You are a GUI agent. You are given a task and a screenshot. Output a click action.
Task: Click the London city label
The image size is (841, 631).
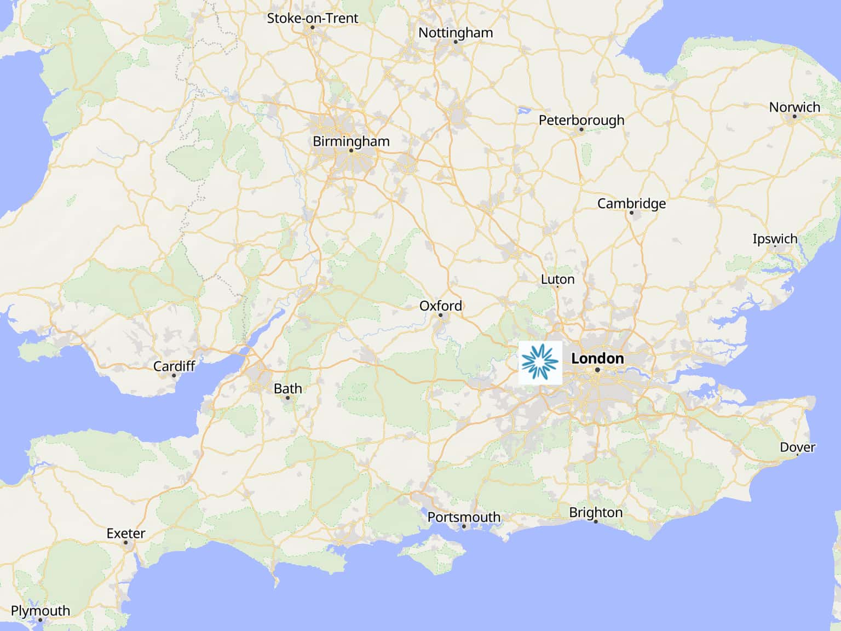pos(597,358)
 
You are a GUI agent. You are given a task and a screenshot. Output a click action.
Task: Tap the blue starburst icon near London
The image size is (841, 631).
pos(540,362)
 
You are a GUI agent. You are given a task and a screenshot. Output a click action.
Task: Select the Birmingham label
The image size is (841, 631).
pos(351,141)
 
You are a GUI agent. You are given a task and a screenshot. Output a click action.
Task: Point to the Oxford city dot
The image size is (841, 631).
pos(440,315)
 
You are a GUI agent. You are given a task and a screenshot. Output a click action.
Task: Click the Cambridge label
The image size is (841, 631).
pos(631,203)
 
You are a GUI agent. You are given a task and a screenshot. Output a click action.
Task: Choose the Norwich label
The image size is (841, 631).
pos(794,107)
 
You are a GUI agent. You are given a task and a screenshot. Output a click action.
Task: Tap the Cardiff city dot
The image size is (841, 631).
pos(174,375)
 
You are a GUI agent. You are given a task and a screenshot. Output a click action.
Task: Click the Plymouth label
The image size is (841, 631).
pos(41,610)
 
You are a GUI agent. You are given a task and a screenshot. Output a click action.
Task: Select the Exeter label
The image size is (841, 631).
pos(126,533)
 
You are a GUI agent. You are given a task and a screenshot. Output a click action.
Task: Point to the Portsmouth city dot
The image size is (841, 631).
pos(464,526)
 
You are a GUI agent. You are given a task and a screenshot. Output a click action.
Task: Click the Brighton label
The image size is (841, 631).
pos(596,512)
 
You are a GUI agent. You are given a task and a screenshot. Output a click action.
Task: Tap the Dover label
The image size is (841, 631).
pos(797,447)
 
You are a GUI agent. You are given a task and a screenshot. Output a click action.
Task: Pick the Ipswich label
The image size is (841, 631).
pos(775,238)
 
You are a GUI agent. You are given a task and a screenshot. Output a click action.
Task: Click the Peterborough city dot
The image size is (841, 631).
pos(581,130)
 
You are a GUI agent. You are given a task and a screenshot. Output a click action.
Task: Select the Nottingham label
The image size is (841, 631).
pos(456,32)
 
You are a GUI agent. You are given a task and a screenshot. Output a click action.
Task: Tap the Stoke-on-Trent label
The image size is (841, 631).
pos(312,18)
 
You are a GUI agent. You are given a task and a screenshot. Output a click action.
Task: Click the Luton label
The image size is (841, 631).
pos(557,279)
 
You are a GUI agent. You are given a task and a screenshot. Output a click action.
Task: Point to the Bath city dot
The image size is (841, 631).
pos(287,398)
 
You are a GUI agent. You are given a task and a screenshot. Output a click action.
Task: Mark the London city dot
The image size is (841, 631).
pos(597,370)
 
